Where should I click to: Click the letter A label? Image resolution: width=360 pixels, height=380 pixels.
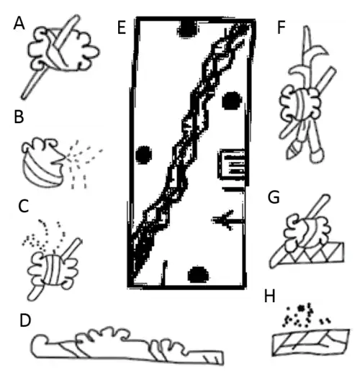click(19, 24)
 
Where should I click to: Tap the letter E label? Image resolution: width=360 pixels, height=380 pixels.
click(120, 28)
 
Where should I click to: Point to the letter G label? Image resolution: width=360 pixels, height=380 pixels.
click(273, 196)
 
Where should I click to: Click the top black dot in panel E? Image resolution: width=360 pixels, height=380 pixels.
click(189, 28)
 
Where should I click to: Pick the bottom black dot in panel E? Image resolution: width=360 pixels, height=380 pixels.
click(197, 273)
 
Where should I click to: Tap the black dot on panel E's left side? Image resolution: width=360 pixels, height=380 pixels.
click(143, 154)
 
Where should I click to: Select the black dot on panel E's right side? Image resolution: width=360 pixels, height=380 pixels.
click(231, 99)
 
